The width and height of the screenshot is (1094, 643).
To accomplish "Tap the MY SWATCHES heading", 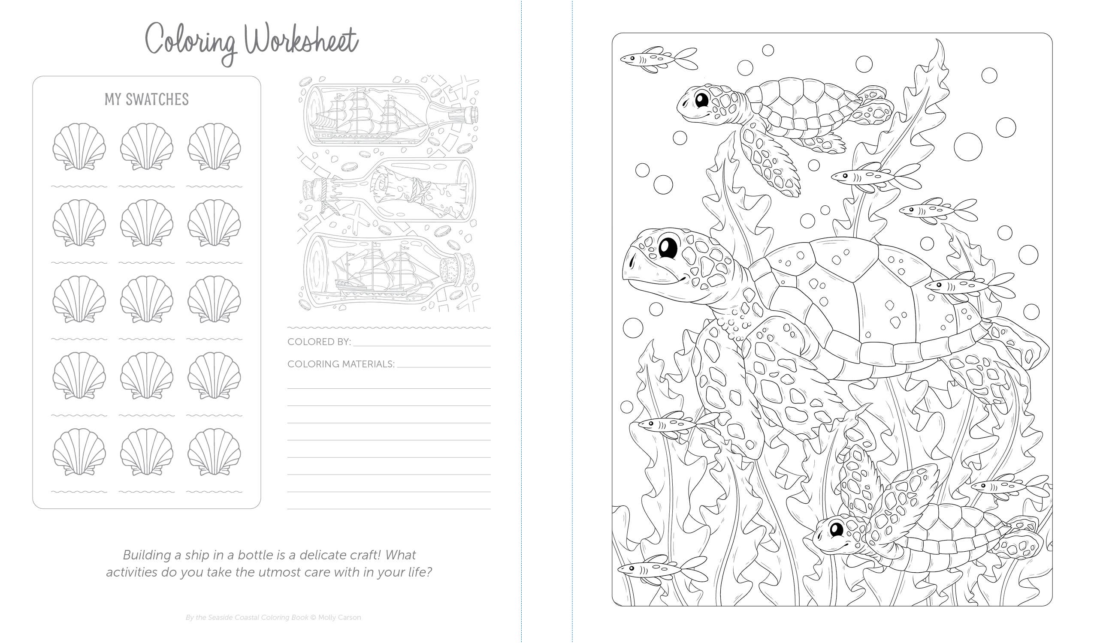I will point(147,99).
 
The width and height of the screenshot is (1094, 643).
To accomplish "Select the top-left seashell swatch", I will point(79,146).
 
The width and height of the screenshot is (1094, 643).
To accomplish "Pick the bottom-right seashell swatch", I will point(214,452).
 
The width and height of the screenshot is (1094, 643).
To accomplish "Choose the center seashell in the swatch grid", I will point(147,299).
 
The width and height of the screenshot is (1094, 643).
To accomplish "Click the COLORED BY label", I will point(319,342).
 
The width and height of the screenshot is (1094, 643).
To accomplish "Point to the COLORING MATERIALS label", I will point(341,364).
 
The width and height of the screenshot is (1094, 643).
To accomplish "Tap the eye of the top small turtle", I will point(701,100).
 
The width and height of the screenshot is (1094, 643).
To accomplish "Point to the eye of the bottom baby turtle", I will point(836,529).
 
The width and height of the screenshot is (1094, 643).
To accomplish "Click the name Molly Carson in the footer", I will point(339,617).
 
